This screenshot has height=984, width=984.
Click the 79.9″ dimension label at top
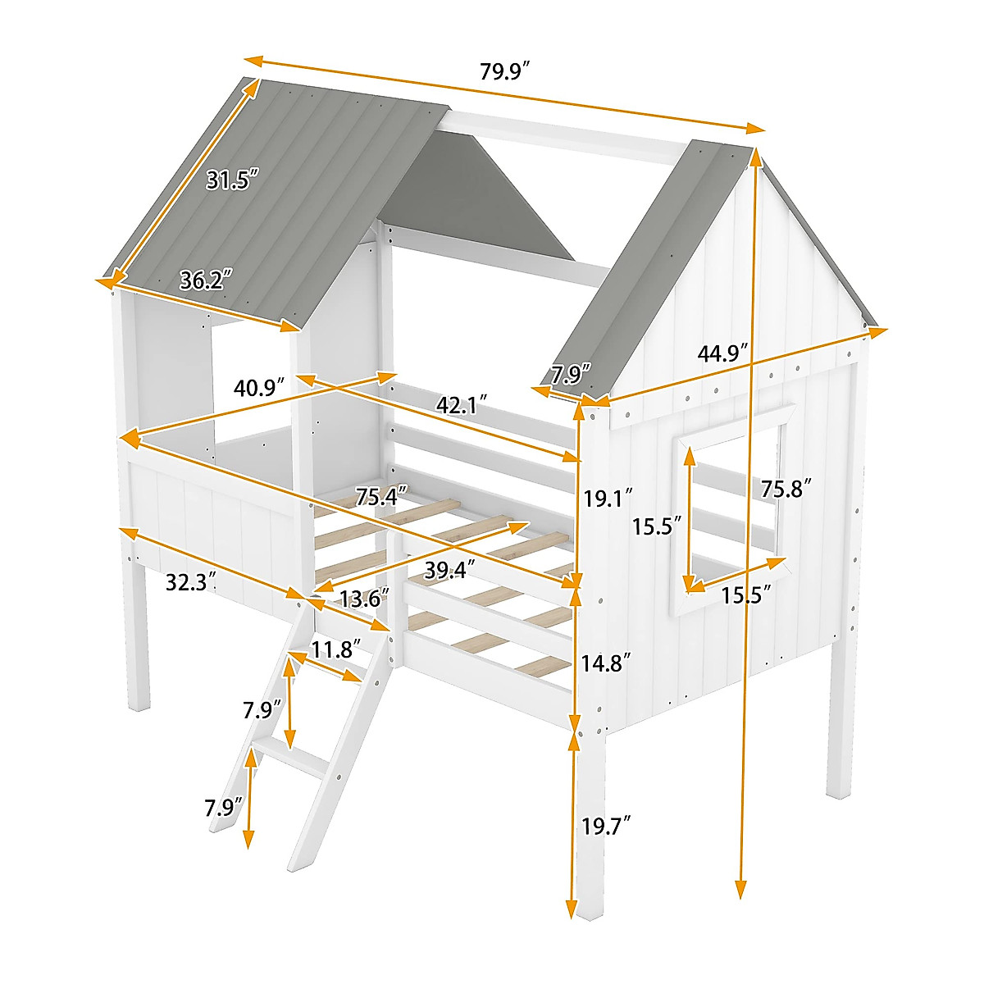coord(507,72)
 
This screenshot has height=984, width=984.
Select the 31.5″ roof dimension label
coord(232,180)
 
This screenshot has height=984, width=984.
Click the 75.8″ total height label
coord(786,489)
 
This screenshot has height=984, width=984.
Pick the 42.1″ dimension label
coord(462,405)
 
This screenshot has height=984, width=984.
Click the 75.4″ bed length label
coord(382,497)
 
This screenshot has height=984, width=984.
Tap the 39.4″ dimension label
coord(450,570)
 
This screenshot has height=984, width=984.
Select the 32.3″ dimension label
coord(191,582)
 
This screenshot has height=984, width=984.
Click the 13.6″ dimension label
coord(364,599)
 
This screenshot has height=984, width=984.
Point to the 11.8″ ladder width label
coord(335,650)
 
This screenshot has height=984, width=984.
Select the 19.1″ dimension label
coord(608,497)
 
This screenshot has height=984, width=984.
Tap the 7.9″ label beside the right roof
coord(570,375)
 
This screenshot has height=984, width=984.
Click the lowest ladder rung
coord(287,758)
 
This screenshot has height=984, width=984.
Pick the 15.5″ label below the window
coord(746,595)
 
